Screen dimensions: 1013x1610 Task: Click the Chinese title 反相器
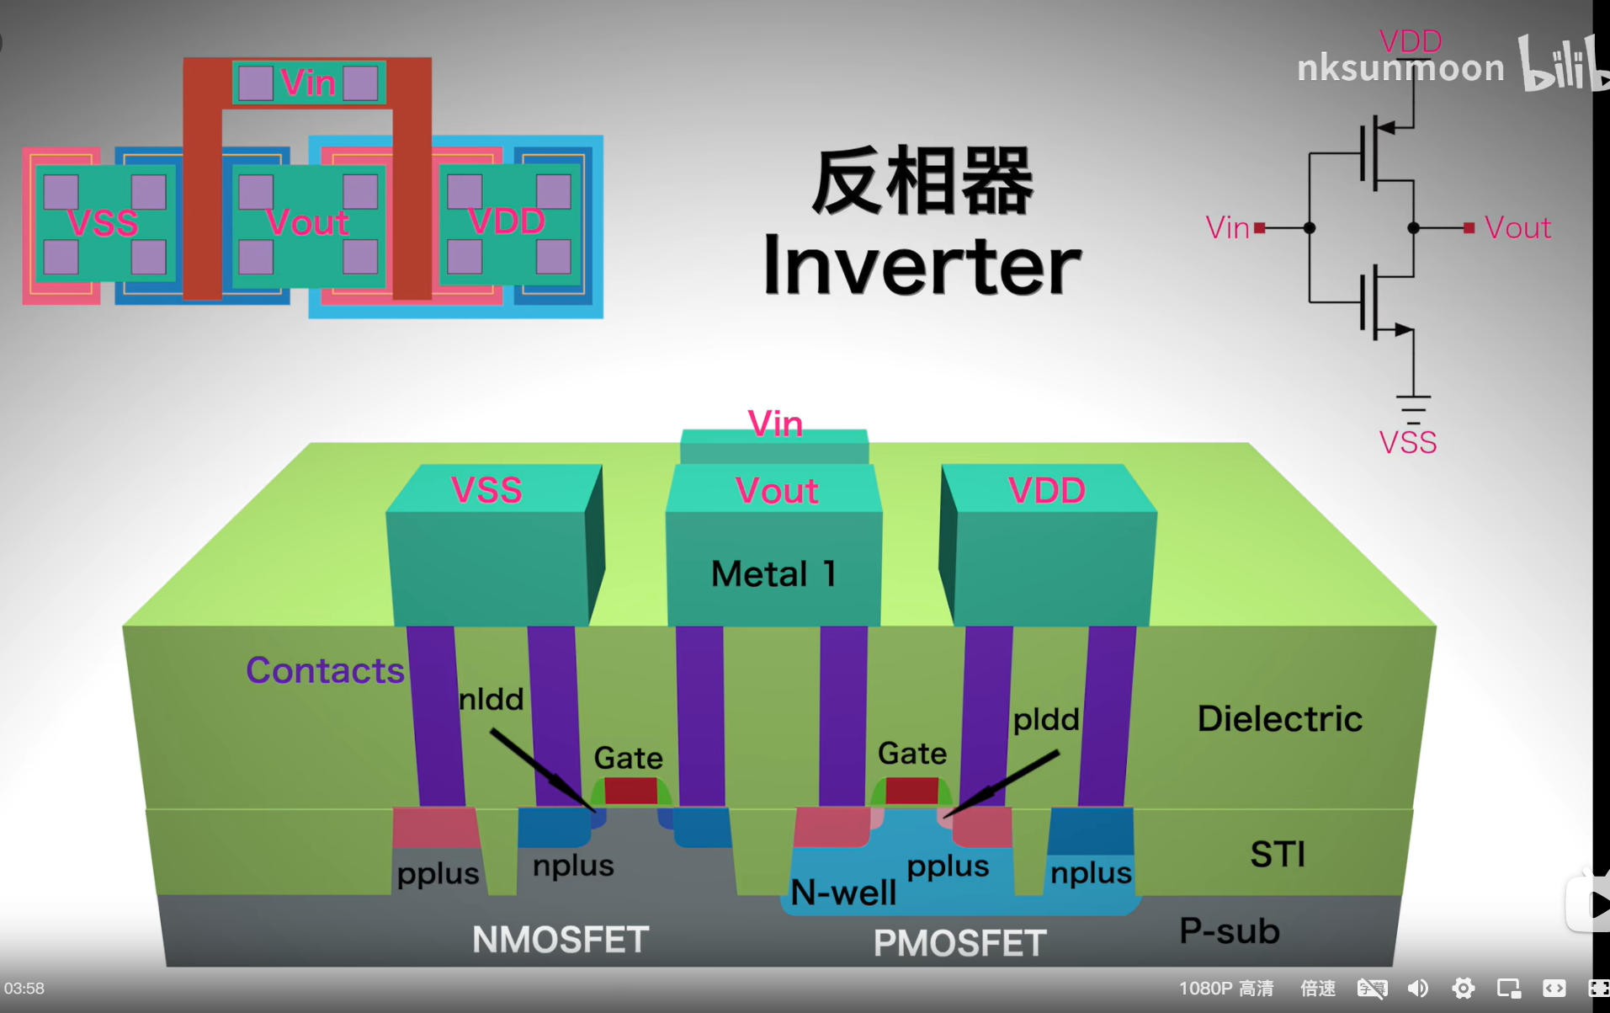[x=922, y=181]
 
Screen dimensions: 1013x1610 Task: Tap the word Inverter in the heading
[x=922, y=265]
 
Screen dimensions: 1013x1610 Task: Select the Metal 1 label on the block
[x=773, y=574]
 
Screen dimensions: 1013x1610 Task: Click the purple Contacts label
[x=325, y=670]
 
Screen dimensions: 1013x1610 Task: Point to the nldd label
[x=492, y=699]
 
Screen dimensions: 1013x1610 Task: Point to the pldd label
[x=1045, y=719]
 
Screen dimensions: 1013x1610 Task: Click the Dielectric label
[x=1279, y=718]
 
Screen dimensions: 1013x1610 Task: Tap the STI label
[x=1278, y=855]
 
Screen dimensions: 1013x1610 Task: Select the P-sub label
[x=1229, y=930]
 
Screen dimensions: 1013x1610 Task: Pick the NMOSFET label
[x=561, y=940]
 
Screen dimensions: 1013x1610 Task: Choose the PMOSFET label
[x=959, y=943]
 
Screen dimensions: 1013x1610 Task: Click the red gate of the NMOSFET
[x=630, y=791]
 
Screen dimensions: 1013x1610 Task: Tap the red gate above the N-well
[x=911, y=790]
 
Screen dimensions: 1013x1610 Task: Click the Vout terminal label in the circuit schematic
[x=1517, y=228]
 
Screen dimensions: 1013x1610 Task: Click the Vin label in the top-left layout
[x=308, y=83]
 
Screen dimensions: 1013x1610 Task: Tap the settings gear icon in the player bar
[x=1463, y=988]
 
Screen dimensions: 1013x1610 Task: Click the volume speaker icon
[x=1418, y=988]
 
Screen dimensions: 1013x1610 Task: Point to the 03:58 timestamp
[x=24, y=989]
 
